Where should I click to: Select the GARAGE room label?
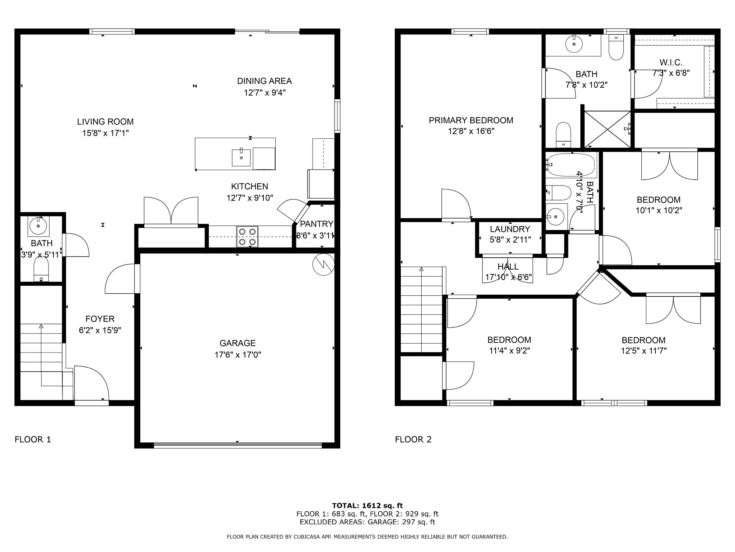tap(238, 343)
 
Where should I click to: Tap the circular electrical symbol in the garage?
tap(323, 265)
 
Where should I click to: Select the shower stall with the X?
tap(607, 129)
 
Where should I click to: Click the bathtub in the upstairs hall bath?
tap(570, 165)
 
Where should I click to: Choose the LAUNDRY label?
tap(510, 229)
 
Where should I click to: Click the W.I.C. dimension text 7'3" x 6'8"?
tap(671, 73)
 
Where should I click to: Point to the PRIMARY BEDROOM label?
tap(471, 120)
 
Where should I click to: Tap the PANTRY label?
tap(317, 224)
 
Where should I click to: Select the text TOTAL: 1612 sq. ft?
tap(367, 506)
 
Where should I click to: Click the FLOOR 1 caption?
tap(33, 439)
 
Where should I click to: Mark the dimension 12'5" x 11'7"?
tap(643, 351)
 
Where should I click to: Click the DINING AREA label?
tap(264, 81)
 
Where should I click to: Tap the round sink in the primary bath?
tap(574, 44)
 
